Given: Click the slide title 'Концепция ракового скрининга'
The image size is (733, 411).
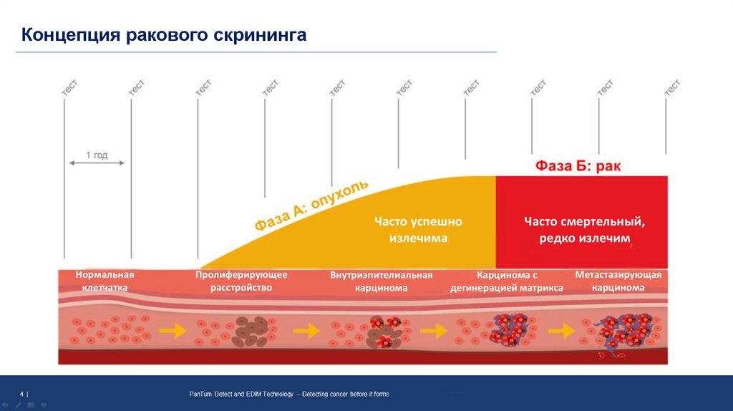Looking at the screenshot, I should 164,35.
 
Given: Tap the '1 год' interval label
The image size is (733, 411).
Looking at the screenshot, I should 97,154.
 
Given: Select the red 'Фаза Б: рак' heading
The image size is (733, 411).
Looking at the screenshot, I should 578,166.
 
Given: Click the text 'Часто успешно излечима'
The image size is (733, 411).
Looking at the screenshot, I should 419,230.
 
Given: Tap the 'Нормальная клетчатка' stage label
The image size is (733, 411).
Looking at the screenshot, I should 105,281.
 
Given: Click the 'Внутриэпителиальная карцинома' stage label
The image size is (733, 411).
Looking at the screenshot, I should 382,281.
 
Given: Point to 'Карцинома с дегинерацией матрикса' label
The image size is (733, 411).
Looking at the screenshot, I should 507,281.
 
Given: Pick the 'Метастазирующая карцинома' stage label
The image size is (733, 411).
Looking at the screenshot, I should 618,281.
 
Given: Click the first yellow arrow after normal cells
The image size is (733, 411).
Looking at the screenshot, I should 170,331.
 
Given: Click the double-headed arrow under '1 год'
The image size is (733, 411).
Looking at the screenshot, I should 97,163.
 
